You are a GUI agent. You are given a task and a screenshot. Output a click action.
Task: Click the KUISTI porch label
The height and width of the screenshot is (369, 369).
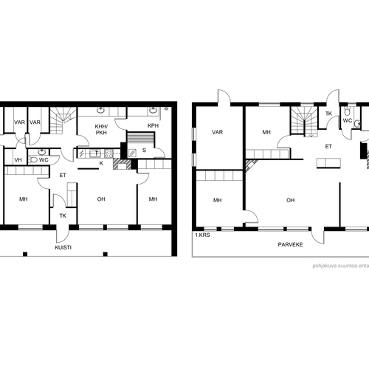point(63,247)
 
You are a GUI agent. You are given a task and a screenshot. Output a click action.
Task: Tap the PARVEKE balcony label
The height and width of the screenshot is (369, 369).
point(290,244)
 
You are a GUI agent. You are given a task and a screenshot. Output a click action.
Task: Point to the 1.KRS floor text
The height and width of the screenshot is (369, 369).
point(202,235)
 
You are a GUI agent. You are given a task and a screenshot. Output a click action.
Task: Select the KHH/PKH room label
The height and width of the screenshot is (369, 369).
point(101,130)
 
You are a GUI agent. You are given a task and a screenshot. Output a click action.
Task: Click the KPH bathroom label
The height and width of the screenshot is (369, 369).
point(153,125)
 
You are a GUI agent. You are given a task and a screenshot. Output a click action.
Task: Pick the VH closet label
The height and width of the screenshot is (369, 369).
point(18,160)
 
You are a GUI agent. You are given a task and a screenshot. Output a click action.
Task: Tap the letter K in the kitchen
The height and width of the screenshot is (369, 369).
point(101,163)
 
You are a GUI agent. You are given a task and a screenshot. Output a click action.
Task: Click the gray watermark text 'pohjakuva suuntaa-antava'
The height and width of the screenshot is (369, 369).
point(341,266)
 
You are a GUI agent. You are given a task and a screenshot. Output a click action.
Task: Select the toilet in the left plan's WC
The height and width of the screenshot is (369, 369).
point(32,160)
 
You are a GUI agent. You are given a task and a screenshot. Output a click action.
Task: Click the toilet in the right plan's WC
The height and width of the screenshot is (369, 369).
point(347,112)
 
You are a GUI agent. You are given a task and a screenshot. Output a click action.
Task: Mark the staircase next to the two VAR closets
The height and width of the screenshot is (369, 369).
point(63,120)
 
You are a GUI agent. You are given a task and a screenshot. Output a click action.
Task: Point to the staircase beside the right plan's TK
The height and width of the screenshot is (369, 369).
point(305,121)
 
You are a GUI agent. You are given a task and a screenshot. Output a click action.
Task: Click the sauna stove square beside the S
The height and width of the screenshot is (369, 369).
point(132,153)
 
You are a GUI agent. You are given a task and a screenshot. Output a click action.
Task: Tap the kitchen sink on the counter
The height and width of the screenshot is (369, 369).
point(95,154)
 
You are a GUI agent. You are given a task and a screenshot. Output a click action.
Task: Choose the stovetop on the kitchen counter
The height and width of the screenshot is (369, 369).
point(108,154)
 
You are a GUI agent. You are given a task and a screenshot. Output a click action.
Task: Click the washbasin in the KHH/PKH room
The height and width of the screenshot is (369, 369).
point(100,111)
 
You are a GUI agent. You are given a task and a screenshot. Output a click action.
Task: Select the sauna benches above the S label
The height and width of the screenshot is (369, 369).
point(141,139)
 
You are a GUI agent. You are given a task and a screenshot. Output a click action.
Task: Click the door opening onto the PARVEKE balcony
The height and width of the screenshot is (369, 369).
point(317,235)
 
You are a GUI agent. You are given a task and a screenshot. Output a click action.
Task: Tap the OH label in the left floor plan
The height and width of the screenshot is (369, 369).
point(101,199)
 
